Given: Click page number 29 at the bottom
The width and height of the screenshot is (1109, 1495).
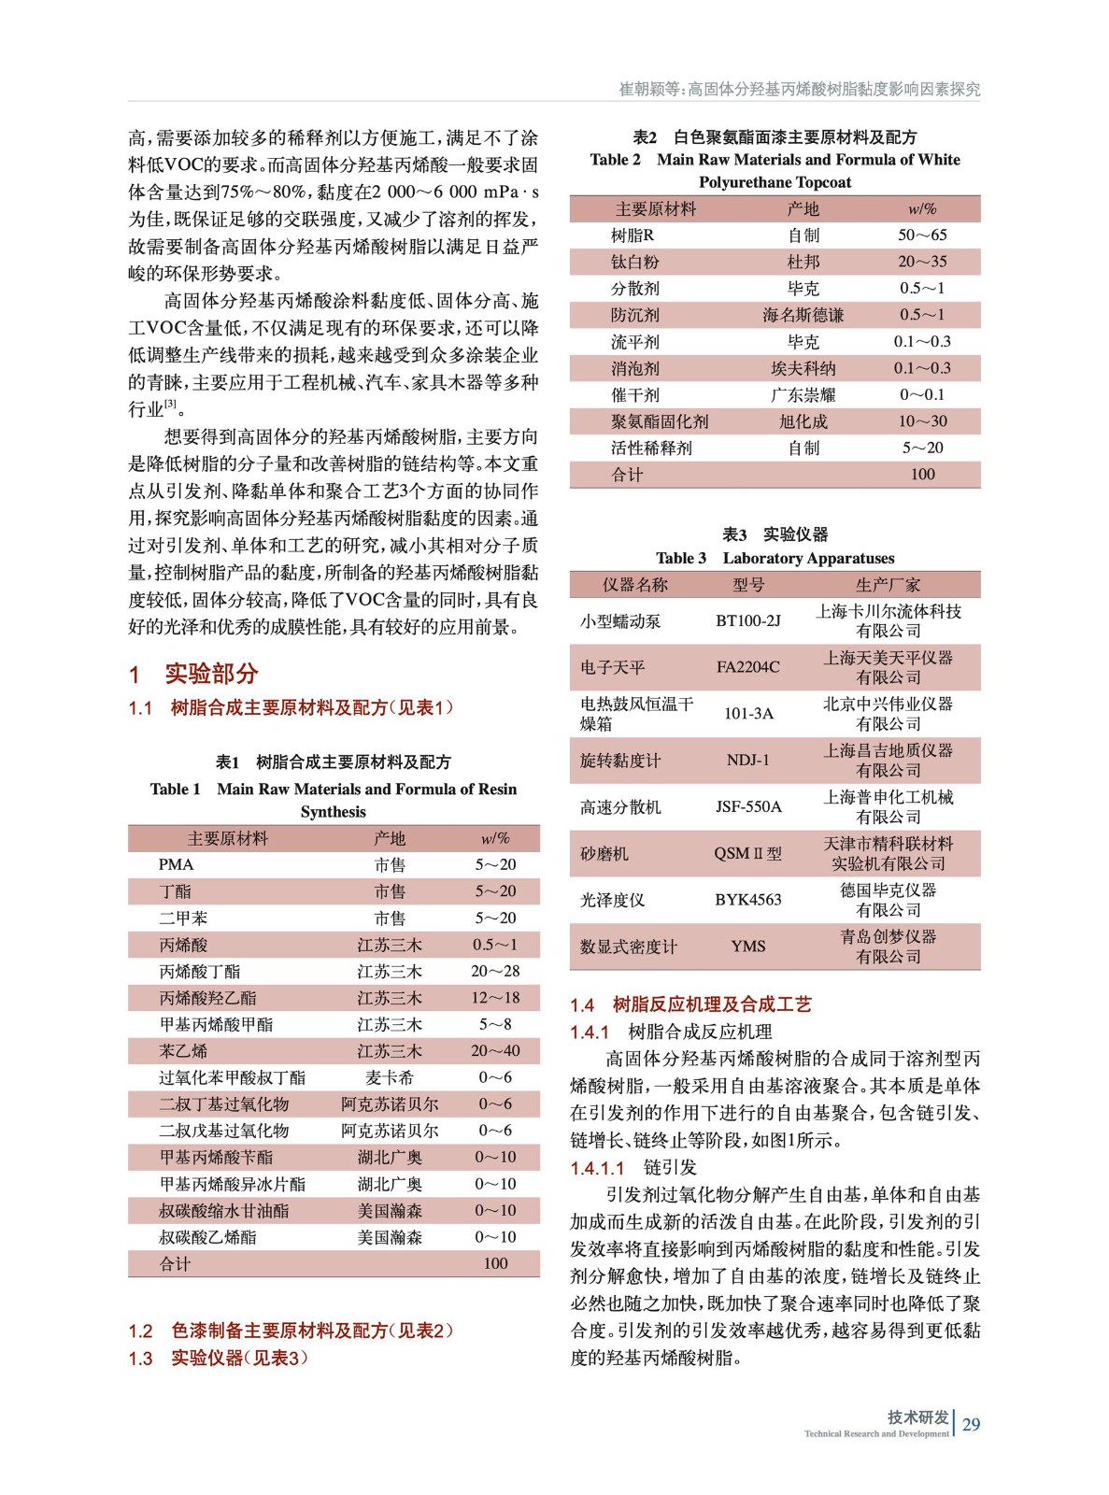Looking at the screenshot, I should coord(972,1424).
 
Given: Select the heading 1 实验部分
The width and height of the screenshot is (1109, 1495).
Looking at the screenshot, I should coord(193,674).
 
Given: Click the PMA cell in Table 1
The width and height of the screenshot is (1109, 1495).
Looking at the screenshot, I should coord(177,865).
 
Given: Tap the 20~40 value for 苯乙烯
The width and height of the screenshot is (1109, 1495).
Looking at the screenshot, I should coord(495,1051).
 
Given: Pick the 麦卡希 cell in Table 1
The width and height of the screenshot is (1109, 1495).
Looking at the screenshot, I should coord(390,1077).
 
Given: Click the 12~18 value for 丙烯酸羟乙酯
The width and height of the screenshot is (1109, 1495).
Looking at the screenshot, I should coord(495,998).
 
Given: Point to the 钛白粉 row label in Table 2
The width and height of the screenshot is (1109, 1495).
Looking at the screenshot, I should coord(635,263).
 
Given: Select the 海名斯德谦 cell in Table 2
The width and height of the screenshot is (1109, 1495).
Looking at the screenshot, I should coord(803,316).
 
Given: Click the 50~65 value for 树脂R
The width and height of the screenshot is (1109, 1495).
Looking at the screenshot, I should coord(922,235).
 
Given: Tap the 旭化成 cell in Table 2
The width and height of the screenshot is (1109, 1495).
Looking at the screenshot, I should coord(803,421).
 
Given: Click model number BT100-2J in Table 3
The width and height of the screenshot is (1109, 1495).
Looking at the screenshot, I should coord(747,620).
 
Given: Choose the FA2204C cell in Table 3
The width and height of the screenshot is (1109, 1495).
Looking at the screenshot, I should coord(747,667).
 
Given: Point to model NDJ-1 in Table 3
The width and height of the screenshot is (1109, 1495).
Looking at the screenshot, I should coord(747,760).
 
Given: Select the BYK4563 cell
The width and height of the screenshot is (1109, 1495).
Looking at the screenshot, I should coord(747,900).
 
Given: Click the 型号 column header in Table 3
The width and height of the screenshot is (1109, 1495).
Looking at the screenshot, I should coord(747,585).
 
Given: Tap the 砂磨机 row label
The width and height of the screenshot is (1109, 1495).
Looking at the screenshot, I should coord(604,853).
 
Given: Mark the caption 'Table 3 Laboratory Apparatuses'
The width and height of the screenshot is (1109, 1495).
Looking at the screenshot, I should coord(775,559).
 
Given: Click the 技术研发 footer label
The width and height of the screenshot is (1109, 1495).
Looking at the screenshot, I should coord(917,1417).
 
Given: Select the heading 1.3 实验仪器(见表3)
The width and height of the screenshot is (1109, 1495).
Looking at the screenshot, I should coord(218,1359).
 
